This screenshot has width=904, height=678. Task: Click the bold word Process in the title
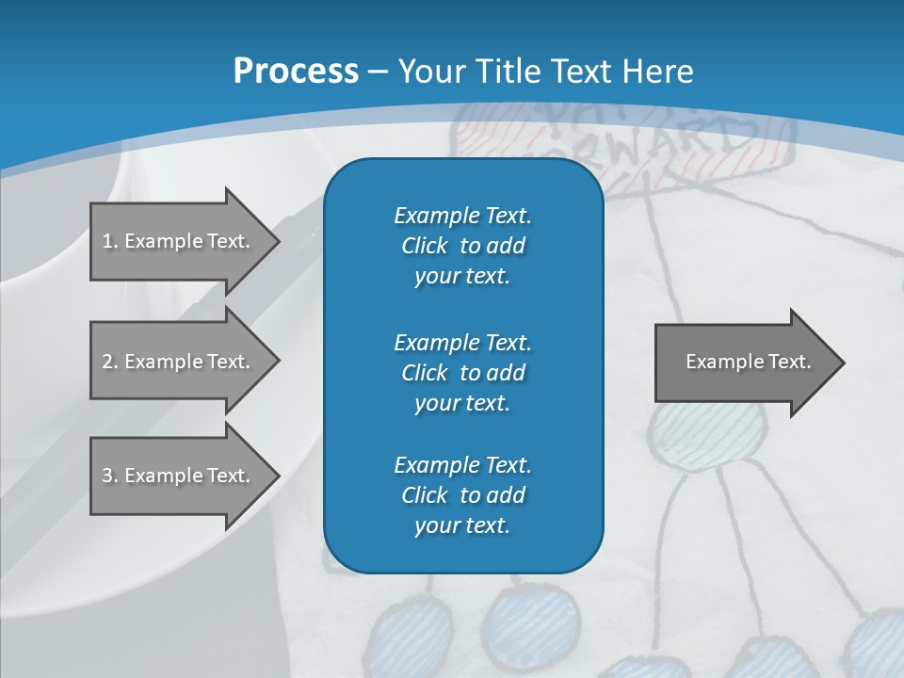point(296,72)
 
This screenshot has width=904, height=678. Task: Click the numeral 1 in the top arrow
point(106,241)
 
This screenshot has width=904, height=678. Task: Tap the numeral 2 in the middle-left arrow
point(107,362)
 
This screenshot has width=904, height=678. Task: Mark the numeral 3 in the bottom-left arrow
point(107,476)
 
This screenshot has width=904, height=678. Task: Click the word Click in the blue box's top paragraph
point(425,246)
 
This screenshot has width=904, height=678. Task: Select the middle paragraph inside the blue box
point(462,373)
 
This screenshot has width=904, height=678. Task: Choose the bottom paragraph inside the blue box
point(462,495)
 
